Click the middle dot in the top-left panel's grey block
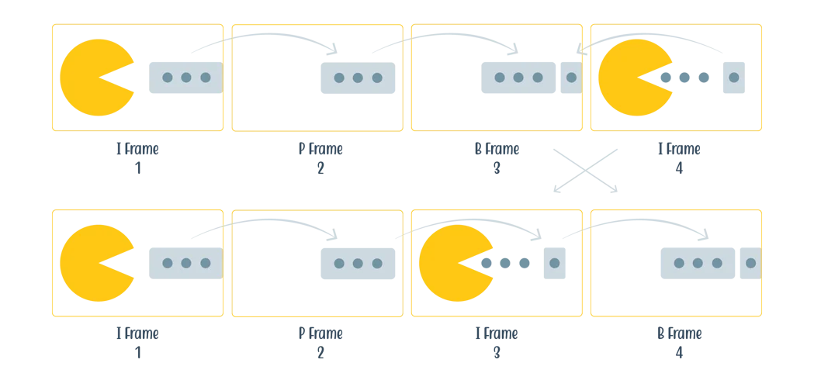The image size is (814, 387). (x=186, y=78)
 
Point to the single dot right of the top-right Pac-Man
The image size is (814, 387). (x=733, y=78)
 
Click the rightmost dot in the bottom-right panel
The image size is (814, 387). (x=750, y=263)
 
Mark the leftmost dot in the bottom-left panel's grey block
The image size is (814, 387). (x=167, y=263)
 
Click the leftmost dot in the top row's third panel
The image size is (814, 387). (x=499, y=78)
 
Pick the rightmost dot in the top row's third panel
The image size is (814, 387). (x=571, y=78)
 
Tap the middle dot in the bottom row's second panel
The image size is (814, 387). (x=358, y=263)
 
